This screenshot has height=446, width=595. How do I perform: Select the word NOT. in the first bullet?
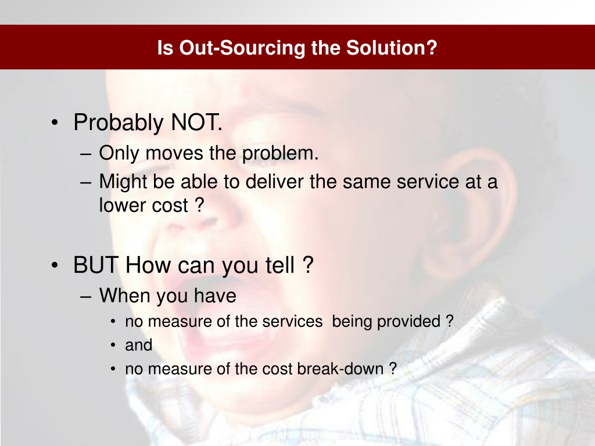pyautogui.click(x=196, y=123)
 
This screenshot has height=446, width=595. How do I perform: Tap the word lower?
pyautogui.click(x=122, y=205)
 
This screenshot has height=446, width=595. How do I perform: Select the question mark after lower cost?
pyautogui.click(x=199, y=205)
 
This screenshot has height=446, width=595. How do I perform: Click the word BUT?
pyautogui.click(x=96, y=265)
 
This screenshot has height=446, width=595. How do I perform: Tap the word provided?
pyautogui.click(x=408, y=322)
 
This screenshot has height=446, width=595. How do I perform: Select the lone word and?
pyautogui.click(x=138, y=345)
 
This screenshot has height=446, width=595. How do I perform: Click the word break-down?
pyautogui.click(x=340, y=369)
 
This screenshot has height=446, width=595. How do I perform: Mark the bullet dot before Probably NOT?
pyautogui.click(x=55, y=123)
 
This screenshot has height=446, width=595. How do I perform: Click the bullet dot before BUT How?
pyautogui.click(x=55, y=265)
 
